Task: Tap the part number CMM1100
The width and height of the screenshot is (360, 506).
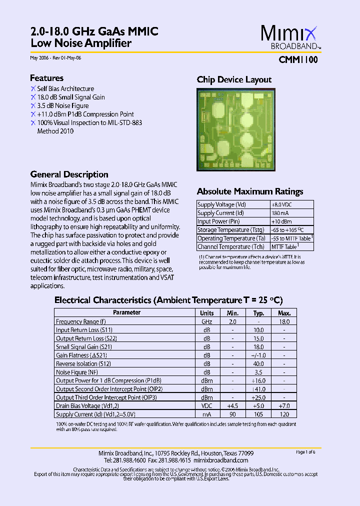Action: [x=297, y=59]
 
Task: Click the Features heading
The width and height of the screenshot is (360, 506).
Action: [x=46, y=78]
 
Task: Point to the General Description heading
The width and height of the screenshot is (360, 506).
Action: [x=69, y=174]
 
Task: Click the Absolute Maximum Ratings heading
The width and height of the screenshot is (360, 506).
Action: [x=249, y=191]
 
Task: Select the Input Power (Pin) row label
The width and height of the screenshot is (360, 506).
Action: [x=218, y=221]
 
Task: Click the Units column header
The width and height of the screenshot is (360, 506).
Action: [x=207, y=313]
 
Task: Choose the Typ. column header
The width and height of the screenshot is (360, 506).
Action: [x=258, y=313]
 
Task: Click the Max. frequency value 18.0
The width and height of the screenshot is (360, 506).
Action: [x=284, y=322]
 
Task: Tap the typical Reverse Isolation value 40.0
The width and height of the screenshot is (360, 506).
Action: [x=258, y=364]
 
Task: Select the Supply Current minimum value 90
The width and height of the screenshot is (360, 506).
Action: [x=232, y=414]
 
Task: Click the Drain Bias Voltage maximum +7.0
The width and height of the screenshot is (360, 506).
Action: [x=284, y=406]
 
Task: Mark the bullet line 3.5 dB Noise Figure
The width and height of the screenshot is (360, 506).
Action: [x=62, y=105]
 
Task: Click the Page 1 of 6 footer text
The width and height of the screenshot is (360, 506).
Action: [x=305, y=452]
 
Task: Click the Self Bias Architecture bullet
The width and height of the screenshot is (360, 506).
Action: [x=65, y=88]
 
